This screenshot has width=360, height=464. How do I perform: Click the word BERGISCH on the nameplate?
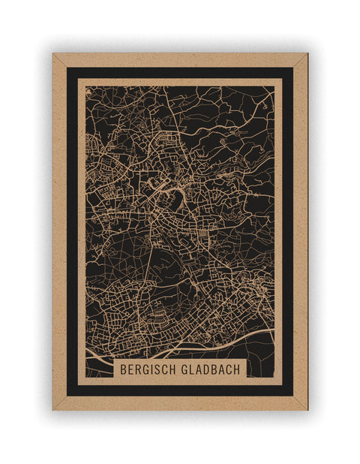[150, 370]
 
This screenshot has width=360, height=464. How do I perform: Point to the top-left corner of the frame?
[53, 54]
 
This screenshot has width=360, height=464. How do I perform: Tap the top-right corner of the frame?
[307, 54]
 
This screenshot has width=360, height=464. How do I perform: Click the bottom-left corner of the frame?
[53, 409]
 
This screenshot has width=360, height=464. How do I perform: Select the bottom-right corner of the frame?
[307, 409]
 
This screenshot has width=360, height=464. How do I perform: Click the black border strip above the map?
[180, 72]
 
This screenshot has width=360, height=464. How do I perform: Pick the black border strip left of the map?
[72, 225]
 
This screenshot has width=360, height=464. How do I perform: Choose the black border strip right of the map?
[288, 225]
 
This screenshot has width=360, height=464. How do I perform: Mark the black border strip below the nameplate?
[180, 390]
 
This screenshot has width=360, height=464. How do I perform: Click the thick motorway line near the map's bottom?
[195, 347]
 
